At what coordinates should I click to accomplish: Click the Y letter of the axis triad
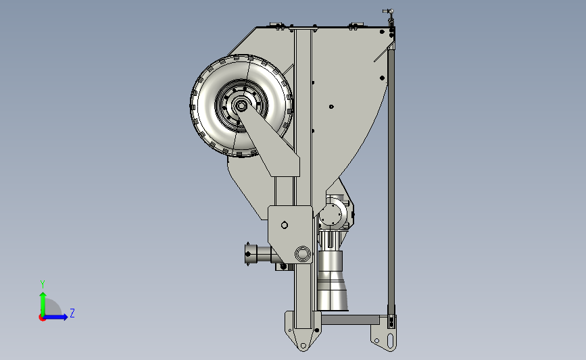43,284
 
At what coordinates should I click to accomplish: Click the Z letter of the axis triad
72,313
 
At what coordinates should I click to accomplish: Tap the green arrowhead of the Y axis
43,296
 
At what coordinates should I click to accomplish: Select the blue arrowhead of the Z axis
66,317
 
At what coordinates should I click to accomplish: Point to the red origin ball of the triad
42,317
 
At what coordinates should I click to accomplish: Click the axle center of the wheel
241,107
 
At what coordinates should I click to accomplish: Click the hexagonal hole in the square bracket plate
285,225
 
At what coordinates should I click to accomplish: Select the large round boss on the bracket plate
303,254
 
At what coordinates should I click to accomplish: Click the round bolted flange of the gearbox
331,214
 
